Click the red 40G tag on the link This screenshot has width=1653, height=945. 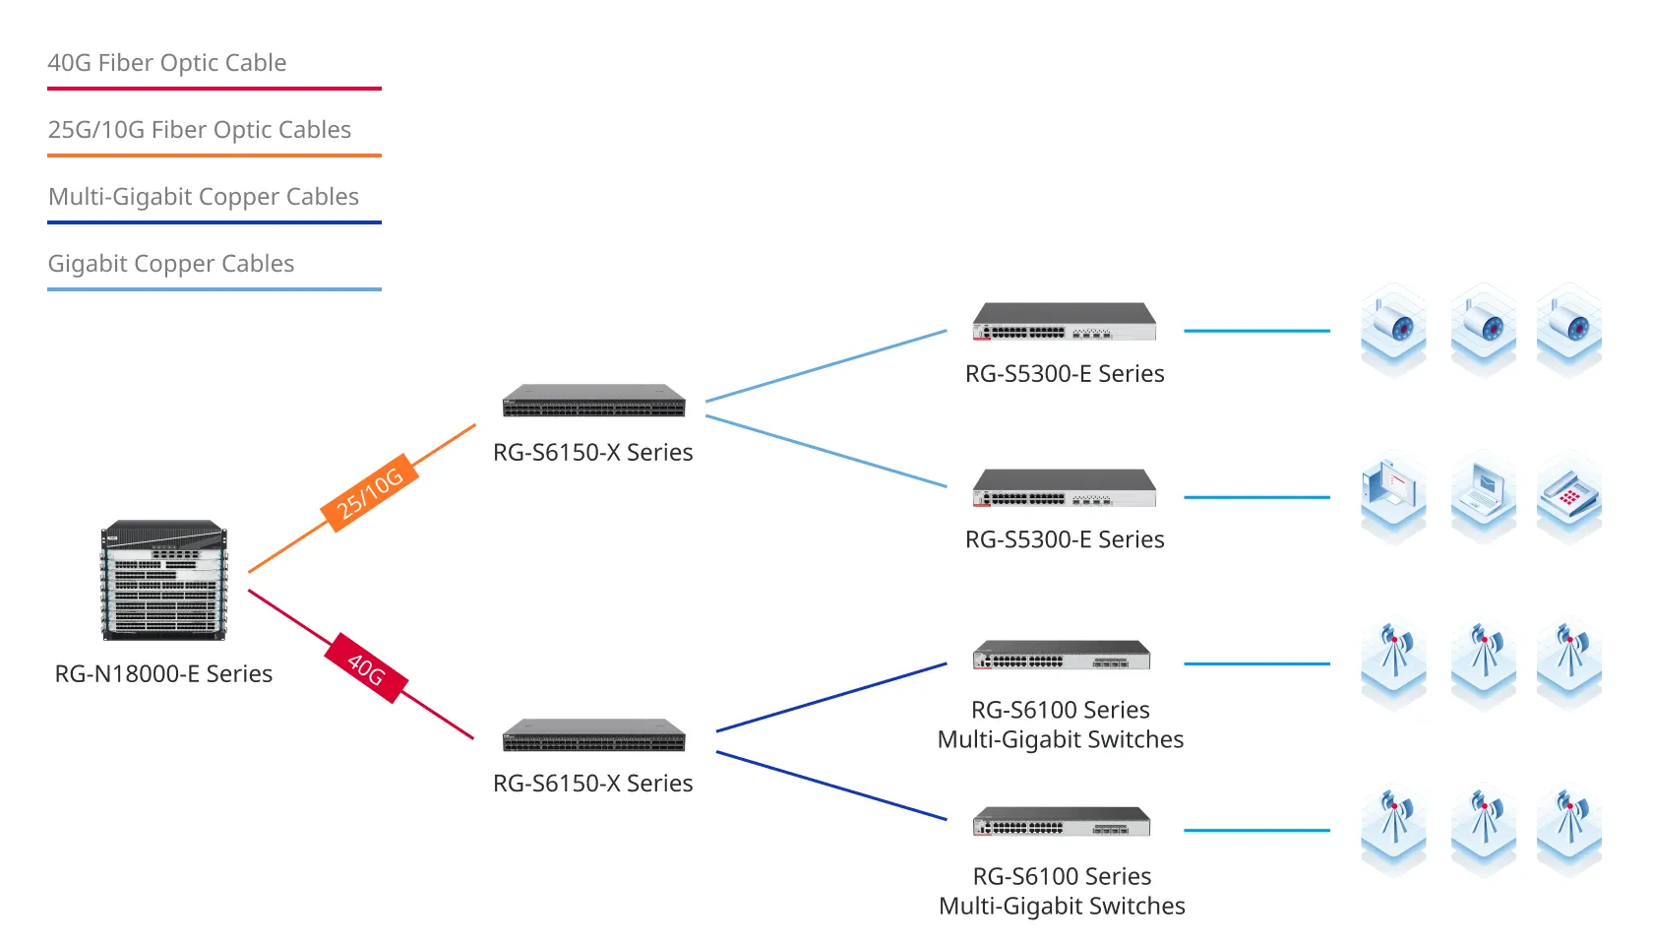pyautogui.click(x=366, y=668)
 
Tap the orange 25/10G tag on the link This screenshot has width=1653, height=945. pyautogui.click(x=370, y=493)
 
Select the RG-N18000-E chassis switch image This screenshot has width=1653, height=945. pyautogui.click(x=164, y=581)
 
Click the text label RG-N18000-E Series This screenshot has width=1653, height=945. pyautogui.click(x=163, y=674)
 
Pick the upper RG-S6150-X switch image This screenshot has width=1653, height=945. pyautogui.click(x=593, y=401)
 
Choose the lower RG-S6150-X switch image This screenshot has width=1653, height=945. pyautogui.click(x=593, y=735)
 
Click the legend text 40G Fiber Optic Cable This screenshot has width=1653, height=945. pyautogui.click(x=167, y=63)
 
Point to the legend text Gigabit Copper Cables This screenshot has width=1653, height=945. pyautogui.click(x=171, y=264)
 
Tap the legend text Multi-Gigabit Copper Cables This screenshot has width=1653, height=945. pyautogui.click(x=204, y=197)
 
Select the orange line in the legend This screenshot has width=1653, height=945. pyautogui.click(x=214, y=156)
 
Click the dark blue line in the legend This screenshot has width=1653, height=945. pyautogui.click(x=214, y=222)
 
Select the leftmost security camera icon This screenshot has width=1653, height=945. pyautogui.click(x=1393, y=328)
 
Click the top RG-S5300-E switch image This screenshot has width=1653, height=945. pyautogui.click(x=1064, y=322)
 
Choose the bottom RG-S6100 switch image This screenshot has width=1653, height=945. pyautogui.click(x=1062, y=822)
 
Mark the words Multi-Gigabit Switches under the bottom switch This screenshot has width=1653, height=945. pyautogui.click(x=1062, y=907)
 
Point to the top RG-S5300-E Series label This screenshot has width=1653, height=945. pyautogui.click(x=1065, y=374)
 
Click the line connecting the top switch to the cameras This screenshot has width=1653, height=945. pyautogui.click(x=1256, y=331)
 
